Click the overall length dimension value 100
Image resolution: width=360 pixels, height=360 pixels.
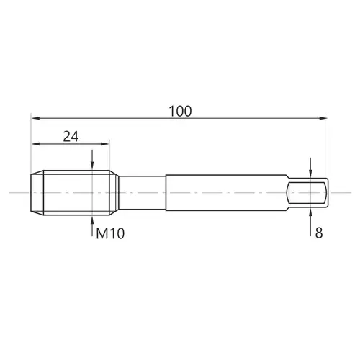click(180, 111)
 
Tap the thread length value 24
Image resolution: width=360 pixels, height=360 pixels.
click(71, 137)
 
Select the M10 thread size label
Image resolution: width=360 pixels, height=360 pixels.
click(110, 233)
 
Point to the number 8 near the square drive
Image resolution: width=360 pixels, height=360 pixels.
click(319, 233)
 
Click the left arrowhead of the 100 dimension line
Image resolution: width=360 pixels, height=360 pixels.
click(35, 118)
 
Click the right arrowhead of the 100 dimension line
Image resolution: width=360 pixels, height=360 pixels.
click(323, 118)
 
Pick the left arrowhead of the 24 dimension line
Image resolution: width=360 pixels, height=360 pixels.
click(35, 144)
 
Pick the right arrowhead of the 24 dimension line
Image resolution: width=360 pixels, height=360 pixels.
click(105, 144)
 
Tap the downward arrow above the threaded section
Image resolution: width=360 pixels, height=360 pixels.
click(92, 160)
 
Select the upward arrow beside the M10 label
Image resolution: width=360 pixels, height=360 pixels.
click(92, 226)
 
